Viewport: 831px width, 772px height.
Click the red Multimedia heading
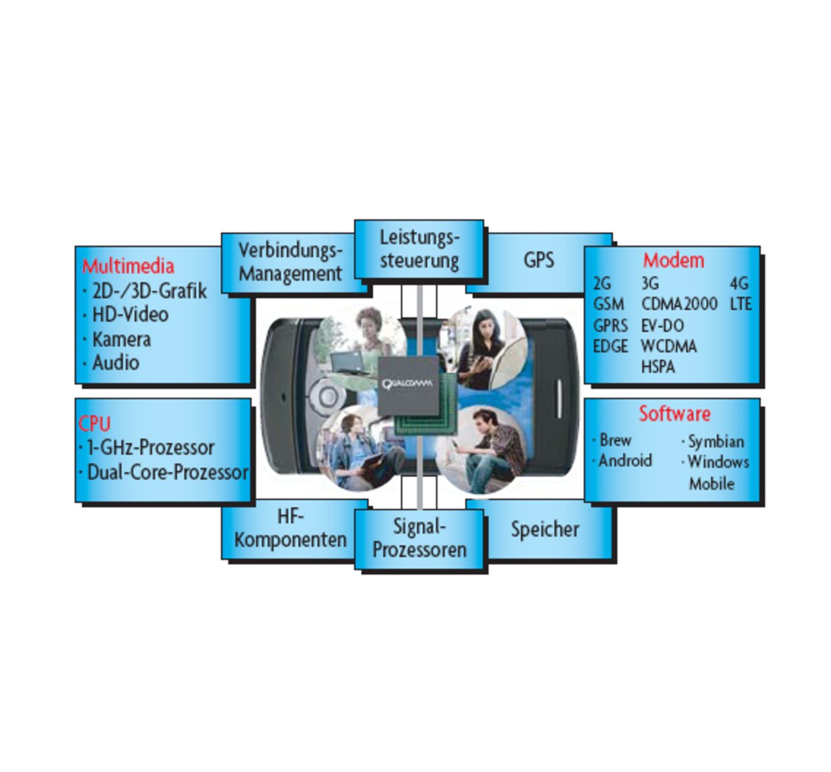(128, 266)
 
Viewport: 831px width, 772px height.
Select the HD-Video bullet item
(130, 315)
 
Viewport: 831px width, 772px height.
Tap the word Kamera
(121, 339)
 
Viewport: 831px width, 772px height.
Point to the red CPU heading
(94, 424)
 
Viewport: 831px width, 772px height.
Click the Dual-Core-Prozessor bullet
(167, 472)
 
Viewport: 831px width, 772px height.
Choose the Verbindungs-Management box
(290, 261)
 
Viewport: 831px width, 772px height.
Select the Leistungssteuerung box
(419, 249)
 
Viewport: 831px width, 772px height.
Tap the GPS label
(539, 260)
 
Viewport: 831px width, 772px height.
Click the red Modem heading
(673, 260)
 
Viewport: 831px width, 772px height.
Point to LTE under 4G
(740, 304)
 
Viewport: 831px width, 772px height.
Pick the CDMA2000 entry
(679, 304)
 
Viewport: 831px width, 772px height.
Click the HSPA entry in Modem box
(658, 367)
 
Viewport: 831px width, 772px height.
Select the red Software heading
(675, 413)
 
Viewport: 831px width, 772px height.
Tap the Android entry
(625, 461)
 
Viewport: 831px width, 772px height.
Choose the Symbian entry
(715, 442)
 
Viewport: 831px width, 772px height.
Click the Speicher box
(545, 529)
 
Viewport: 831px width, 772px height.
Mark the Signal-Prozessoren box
(419, 538)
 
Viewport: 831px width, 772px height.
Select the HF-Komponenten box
(290, 528)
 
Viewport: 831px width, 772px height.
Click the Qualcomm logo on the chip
(408, 383)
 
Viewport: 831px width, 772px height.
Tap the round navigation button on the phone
(327, 396)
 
